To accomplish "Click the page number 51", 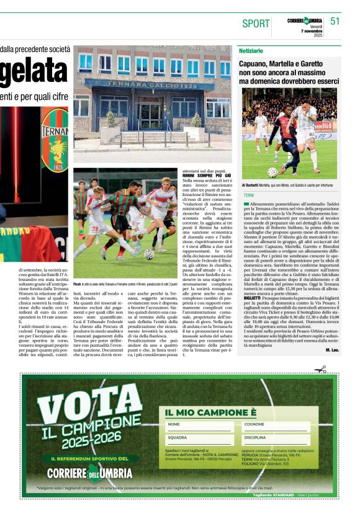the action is coord(336,21).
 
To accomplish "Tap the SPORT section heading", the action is coord(256,24).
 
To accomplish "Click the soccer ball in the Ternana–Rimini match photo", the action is coord(149,254).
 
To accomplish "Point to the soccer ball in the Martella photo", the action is coord(272,172).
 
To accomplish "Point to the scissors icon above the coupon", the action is coord(320,369).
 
